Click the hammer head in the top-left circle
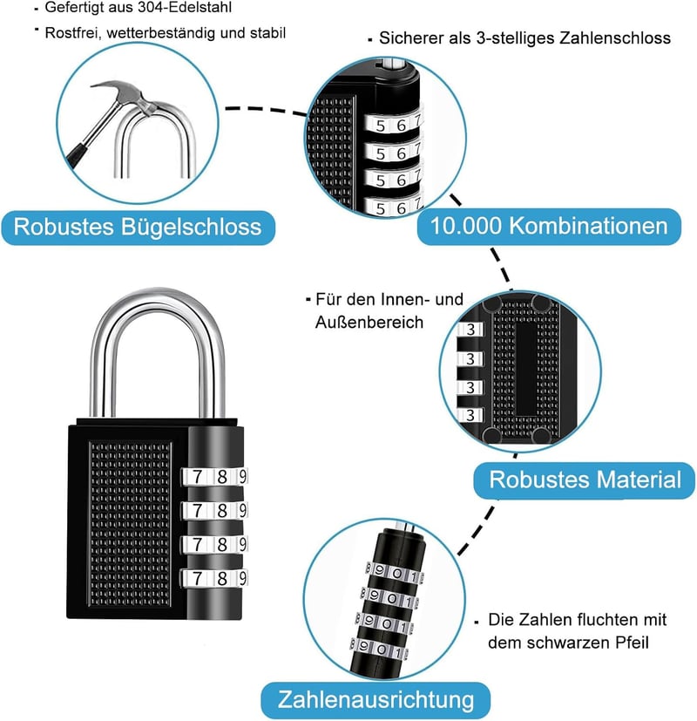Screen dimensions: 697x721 coord(124,94)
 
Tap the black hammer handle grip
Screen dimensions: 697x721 coord(76,155)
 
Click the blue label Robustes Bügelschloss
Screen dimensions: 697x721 coord(138,228)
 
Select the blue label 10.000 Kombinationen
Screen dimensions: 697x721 coord(549,226)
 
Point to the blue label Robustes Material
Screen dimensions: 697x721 coord(585,480)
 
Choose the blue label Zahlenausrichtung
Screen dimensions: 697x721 coord(376,700)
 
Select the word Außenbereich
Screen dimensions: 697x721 coord(369,323)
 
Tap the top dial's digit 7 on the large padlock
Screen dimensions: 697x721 coord(197,477)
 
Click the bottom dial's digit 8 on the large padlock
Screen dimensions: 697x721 coord(222,578)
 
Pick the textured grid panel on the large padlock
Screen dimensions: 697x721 coord(130,524)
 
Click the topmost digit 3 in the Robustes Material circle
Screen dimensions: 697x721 coord(470,330)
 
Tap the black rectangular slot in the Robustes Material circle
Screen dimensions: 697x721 coord(524,368)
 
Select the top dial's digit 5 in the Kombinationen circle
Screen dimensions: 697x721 coord(380,126)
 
